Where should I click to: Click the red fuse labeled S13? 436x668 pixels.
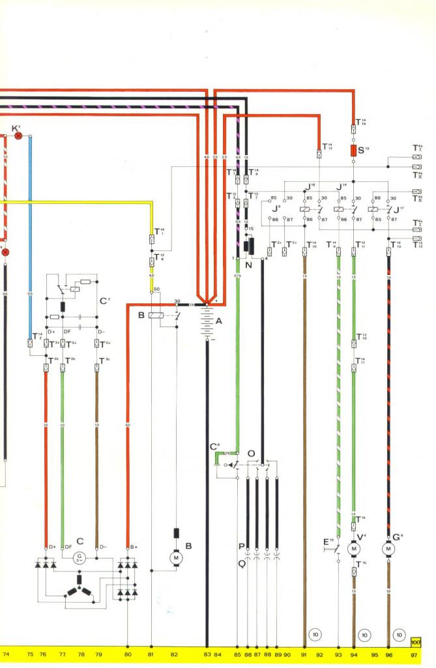(x=353, y=151)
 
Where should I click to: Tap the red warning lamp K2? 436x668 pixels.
(x=18, y=135)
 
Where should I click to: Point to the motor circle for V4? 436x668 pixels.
(x=355, y=549)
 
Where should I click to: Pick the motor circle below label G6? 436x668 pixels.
(x=389, y=549)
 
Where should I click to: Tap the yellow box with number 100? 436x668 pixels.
(x=416, y=641)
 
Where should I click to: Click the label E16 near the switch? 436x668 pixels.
(x=328, y=541)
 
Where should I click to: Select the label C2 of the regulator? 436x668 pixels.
(x=104, y=301)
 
